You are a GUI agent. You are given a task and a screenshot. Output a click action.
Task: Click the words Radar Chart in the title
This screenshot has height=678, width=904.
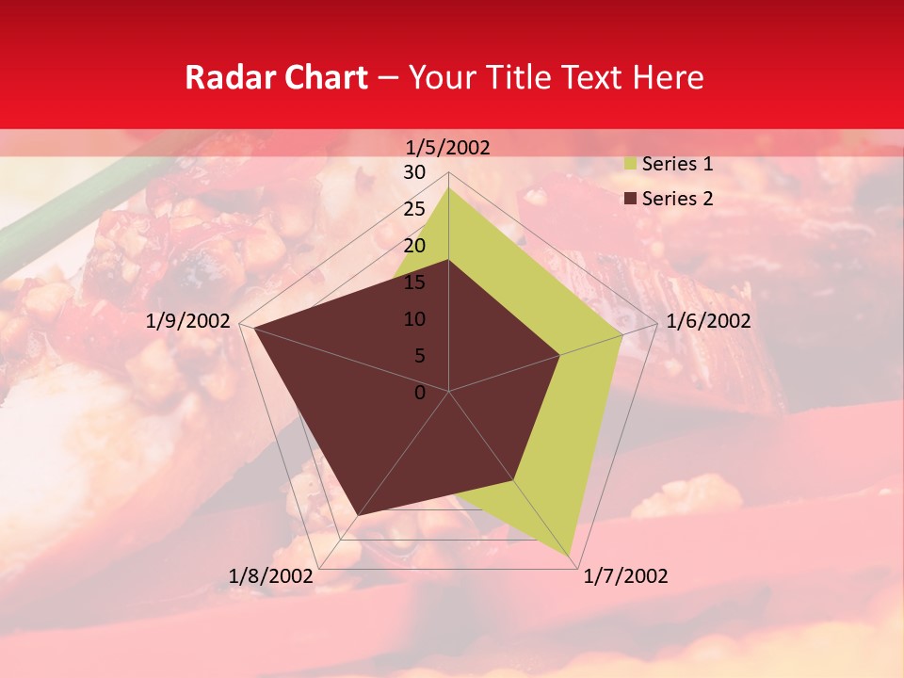click(x=276, y=77)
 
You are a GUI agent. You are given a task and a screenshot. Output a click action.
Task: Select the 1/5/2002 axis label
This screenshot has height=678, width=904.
click(x=447, y=147)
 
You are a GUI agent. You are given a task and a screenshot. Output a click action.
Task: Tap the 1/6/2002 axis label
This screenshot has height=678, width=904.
click(x=708, y=321)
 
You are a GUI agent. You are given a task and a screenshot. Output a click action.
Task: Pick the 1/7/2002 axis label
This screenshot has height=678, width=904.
click(x=625, y=576)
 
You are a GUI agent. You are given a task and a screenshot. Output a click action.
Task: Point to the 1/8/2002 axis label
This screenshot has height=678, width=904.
click(x=271, y=576)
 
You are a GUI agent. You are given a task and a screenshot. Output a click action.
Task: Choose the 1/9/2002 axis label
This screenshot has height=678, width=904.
click(x=188, y=321)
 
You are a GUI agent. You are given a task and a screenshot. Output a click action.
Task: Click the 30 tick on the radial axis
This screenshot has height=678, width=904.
click(x=414, y=172)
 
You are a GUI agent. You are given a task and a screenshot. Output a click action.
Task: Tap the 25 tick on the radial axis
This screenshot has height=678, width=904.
click(x=414, y=209)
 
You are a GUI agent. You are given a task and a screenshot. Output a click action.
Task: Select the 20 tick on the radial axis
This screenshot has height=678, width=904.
click(x=414, y=246)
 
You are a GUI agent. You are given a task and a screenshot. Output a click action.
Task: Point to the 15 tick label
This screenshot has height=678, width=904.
click(x=414, y=282)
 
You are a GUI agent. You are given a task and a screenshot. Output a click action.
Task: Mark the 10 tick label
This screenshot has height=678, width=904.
click(x=414, y=319)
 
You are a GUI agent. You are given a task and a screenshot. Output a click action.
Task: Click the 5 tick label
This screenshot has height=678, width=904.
click(x=419, y=356)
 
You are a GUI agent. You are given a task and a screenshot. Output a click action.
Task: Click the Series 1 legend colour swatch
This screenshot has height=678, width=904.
click(x=630, y=165)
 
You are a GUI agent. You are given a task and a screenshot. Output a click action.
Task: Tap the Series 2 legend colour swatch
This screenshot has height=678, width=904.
click(x=630, y=199)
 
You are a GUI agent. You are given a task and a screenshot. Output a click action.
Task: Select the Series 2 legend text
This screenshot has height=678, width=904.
click(x=677, y=199)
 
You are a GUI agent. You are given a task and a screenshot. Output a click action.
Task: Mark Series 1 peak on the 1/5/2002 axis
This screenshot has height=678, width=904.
click(x=448, y=187)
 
